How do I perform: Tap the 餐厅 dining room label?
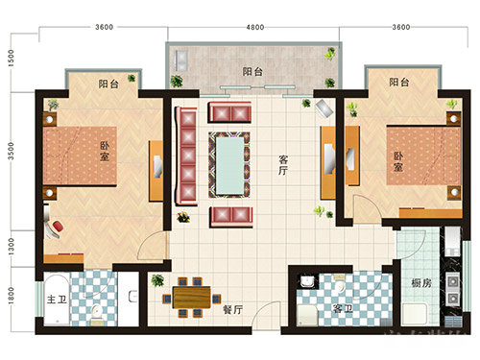[x=231, y=309]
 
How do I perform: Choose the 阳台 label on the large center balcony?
[x=252, y=71]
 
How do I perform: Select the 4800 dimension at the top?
[x=253, y=27]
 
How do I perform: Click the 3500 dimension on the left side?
[x=11, y=151]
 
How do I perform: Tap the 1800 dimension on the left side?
[x=11, y=299]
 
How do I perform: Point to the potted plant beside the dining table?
[x=156, y=281]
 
